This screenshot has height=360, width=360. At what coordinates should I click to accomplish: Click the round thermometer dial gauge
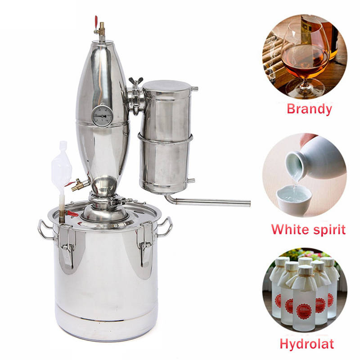103,116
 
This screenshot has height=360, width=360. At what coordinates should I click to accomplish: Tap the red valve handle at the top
96,21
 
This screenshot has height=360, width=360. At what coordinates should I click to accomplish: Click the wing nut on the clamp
136,81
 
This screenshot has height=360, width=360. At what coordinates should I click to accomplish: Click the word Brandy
309,109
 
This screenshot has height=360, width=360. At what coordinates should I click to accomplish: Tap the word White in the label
290,229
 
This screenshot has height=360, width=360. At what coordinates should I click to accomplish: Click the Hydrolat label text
306,344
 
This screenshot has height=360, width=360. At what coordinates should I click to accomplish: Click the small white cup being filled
293,198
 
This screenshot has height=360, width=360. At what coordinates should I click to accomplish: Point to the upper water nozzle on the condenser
194,89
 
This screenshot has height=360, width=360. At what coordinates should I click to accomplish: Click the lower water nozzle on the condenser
191,181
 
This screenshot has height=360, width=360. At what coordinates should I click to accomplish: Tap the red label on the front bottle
304,311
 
